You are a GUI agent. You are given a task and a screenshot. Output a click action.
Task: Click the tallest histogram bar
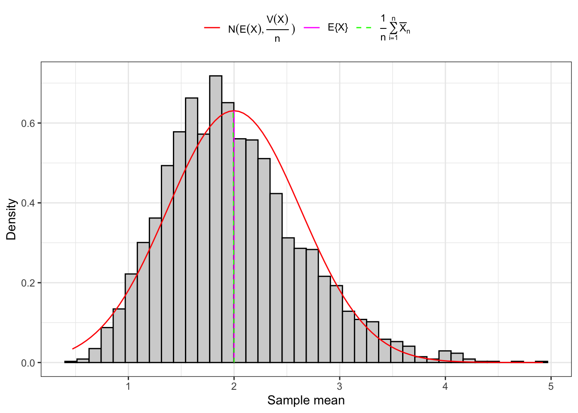pyautogui.click(x=215, y=219)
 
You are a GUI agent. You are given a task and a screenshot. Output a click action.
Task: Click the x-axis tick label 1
pyautogui.click(x=128, y=386)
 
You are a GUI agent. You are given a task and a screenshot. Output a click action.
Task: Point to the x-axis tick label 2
pyautogui.click(x=234, y=386)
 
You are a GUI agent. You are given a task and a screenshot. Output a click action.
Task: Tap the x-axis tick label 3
pyautogui.click(x=340, y=386)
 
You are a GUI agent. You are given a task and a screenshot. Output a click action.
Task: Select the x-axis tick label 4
pyautogui.click(x=445, y=386)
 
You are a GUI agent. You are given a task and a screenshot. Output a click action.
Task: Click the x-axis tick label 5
pyautogui.click(x=551, y=386)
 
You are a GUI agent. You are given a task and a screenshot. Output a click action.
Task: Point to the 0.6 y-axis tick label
pyautogui.click(x=28, y=123)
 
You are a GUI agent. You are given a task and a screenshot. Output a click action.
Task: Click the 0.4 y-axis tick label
pyautogui.click(x=28, y=203)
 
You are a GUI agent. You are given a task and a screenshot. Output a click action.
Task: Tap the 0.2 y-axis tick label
pyautogui.click(x=28, y=283)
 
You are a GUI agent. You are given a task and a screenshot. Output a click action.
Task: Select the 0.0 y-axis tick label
pyautogui.click(x=28, y=363)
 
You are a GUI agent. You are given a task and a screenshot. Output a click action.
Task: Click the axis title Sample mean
pyautogui.click(x=306, y=401)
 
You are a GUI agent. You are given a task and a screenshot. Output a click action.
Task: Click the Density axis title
pyautogui.click(x=11, y=219)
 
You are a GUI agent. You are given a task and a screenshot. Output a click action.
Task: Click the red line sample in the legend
pyautogui.click(x=212, y=28)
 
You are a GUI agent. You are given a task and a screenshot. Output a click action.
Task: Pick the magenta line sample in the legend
pyautogui.click(x=312, y=28)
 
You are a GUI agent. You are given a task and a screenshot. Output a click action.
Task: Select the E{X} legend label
pyautogui.click(x=338, y=28)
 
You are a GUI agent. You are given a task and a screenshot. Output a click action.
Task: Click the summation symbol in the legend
pyautogui.click(x=393, y=28)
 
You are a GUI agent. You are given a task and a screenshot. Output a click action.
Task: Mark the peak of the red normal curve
pyautogui.click(x=234, y=111)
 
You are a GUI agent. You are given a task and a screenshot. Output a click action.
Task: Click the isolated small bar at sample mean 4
pyautogui.click(x=445, y=357)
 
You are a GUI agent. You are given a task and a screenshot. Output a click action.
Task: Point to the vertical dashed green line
pyautogui.click(x=234, y=258)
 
